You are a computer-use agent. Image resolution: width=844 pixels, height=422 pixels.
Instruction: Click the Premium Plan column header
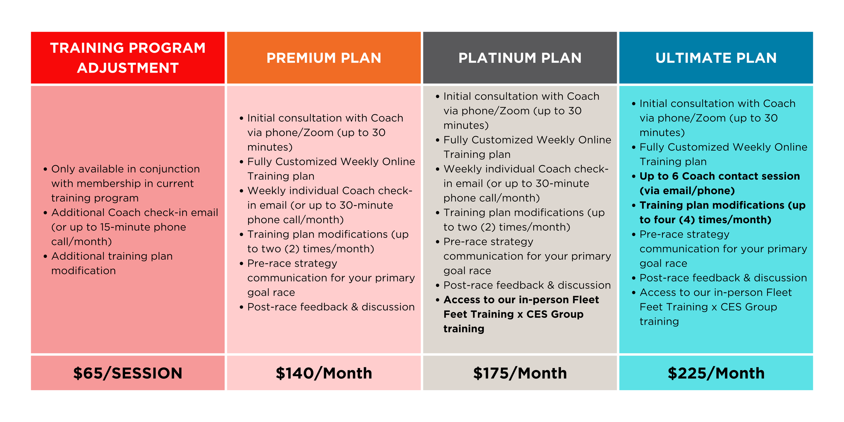pos(324,58)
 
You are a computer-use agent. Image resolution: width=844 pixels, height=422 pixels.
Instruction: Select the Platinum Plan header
pos(520,58)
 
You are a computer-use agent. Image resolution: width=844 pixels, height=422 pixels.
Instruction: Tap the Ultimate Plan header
pos(716,58)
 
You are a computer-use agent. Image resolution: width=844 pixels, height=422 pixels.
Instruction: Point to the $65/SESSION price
pos(128,373)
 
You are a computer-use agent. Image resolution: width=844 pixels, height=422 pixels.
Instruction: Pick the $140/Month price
pos(324,373)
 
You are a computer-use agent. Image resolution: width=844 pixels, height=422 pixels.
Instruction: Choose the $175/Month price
pos(520,373)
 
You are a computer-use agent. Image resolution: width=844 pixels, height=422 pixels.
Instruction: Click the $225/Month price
pos(716,373)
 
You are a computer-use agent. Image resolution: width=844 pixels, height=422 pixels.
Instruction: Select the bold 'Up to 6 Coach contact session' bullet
pos(719,176)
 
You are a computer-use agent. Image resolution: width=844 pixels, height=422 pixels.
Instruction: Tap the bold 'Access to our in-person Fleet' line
pos(521,300)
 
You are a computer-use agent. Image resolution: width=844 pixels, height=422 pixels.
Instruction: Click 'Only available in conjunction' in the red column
pos(125,169)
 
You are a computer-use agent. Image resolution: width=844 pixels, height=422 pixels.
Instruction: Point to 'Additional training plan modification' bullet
pos(112,256)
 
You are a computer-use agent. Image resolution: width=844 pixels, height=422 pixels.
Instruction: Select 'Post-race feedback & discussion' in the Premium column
pos(331,307)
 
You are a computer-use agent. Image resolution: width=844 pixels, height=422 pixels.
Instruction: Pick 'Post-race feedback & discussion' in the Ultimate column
pos(723,278)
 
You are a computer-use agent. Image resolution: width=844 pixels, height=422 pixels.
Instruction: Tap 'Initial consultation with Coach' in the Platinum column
pos(521,97)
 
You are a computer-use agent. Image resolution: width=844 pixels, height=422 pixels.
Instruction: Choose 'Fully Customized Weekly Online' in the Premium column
pos(331,162)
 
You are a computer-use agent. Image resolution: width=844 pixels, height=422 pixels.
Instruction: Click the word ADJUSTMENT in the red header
pos(128,68)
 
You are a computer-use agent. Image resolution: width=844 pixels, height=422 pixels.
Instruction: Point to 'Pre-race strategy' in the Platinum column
pos(488,242)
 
